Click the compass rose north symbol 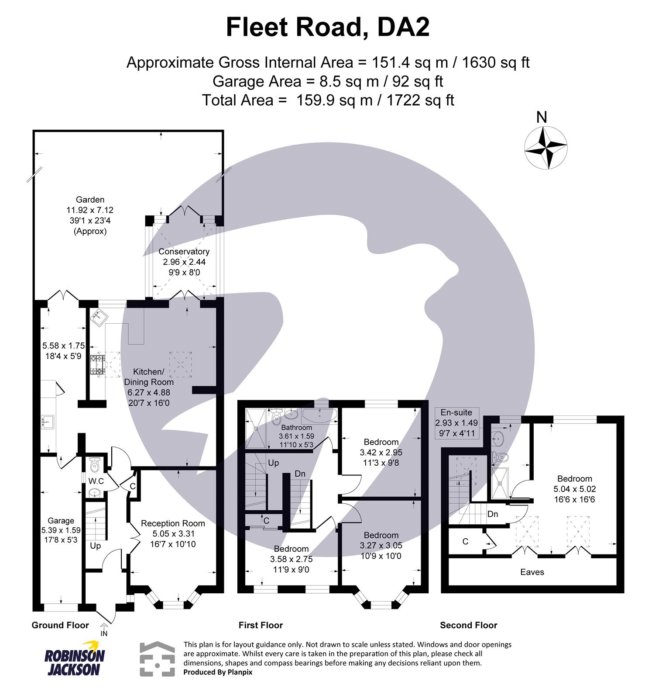pyautogui.click(x=545, y=147)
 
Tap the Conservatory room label pyautogui.click(x=184, y=252)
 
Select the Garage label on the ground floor pyautogui.click(x=61, y=521)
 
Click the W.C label pyautogui.click(x=96, y=481)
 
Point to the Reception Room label pyautogui.click(x=173, y=523)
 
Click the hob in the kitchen pyautogui.click(x=97, y=365)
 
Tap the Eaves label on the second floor pyautogui.click(x=532, y=572)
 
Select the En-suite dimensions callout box pyautogui.click(x=456, y=423)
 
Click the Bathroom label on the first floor pyautogui.click(x=296, y=428)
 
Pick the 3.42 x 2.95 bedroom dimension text pyautogui.click(x=381, y=453)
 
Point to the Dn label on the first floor pyautogui.click(x=300, y=474)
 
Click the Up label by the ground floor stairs pyautogui.click(x=95, y=546)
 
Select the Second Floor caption pyautogui.click(x=468, y=626)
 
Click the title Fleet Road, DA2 pyautogui.click(x=327, y=27)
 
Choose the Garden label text pyautogui.click(x=90, y=200)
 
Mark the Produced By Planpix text pyautogui.click(x=218, y=672)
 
